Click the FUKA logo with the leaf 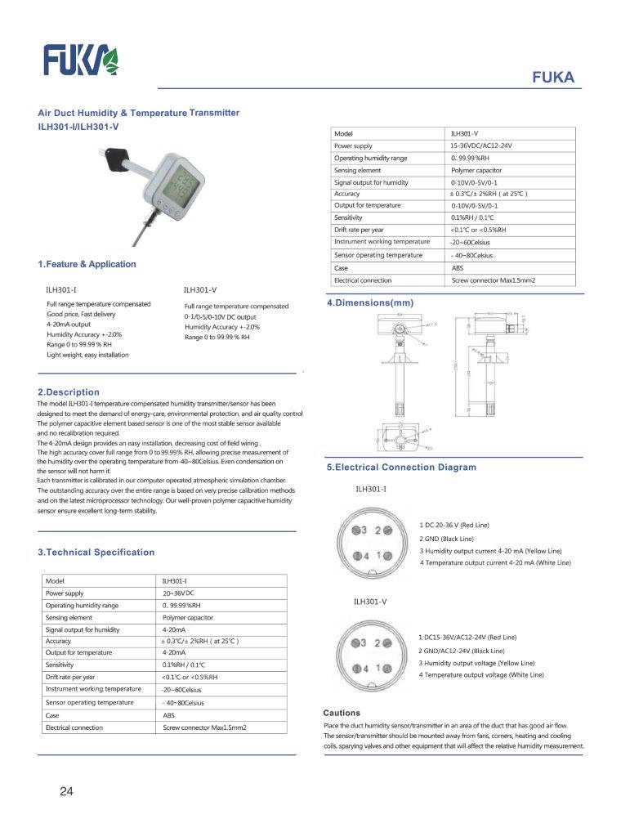pyautogui.click(x=81, y=60)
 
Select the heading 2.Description pyautogui.click(x=69, y=392)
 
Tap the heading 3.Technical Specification pyautogui.click(x=96, y=553)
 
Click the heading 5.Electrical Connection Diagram pyautogui.click(x=401, y=468)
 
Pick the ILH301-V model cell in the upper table pyautogui.click(x=465, y=133)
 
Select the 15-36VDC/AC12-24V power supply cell pyautogui.click(x=486, y=145)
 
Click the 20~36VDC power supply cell pyautogui.click(x=180, y=593)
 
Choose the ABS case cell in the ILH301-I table pyautogui.click(x=169, y=714)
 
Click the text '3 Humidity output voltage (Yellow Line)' pyautogui.click(x=477, y=663)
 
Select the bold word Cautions pyautogui.click(x=342, y=713)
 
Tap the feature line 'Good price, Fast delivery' pyautogui.click(x=81, y=315)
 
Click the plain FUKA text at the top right pyautogui.click(x=553, y=78)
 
